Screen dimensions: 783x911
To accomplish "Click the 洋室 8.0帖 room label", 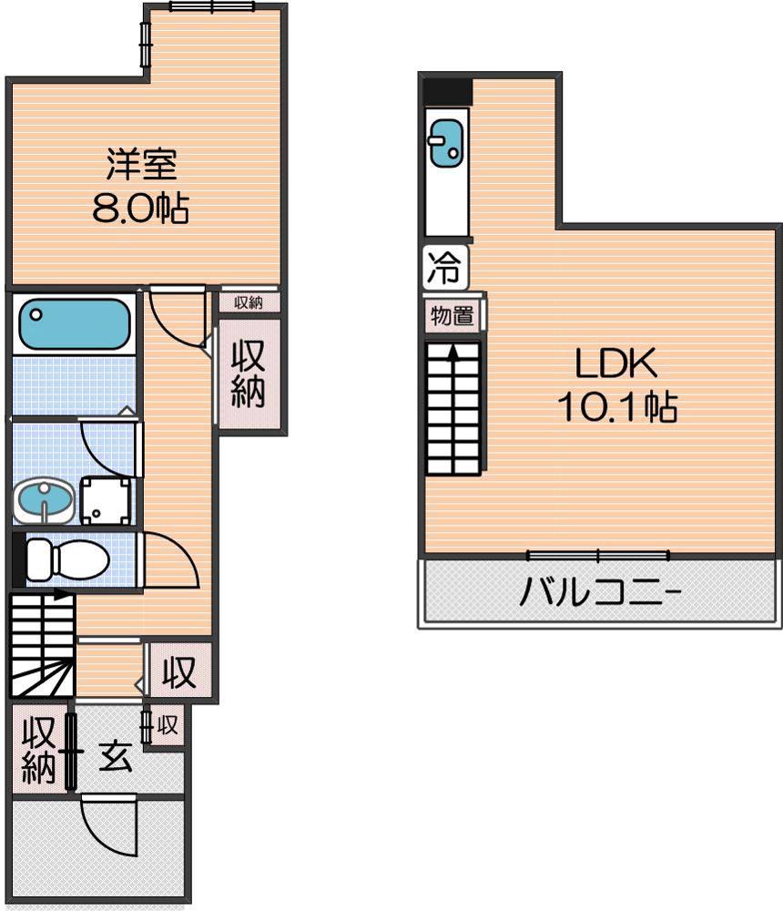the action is click(x=141, y=186).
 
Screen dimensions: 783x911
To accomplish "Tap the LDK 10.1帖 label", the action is click(x=617, y=384).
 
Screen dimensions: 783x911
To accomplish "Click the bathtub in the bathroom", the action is click(x=74, y=323).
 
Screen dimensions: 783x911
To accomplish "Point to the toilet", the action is click(x=67, y=559).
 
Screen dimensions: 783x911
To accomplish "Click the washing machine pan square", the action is click(x=105, y=500).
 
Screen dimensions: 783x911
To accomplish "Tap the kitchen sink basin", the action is click(x=446, y=143).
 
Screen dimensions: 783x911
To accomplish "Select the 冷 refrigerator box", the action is click(x=445, y=267).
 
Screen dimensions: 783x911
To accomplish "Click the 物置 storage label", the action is click(x=452, y=316).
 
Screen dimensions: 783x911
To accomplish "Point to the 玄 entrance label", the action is click(x=116, y=756).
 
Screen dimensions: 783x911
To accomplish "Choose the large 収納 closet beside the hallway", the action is click(x=248, y=374).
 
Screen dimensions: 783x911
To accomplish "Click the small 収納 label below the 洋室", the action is click(x=249, y=302).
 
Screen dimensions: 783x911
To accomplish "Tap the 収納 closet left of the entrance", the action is click(x=38, y=750).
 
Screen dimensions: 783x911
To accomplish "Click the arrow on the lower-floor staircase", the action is click(x=58, y=594).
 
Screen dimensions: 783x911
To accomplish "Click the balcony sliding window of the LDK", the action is click(x=597, y=556).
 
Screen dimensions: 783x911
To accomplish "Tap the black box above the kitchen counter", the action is click(x=447, y=92).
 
